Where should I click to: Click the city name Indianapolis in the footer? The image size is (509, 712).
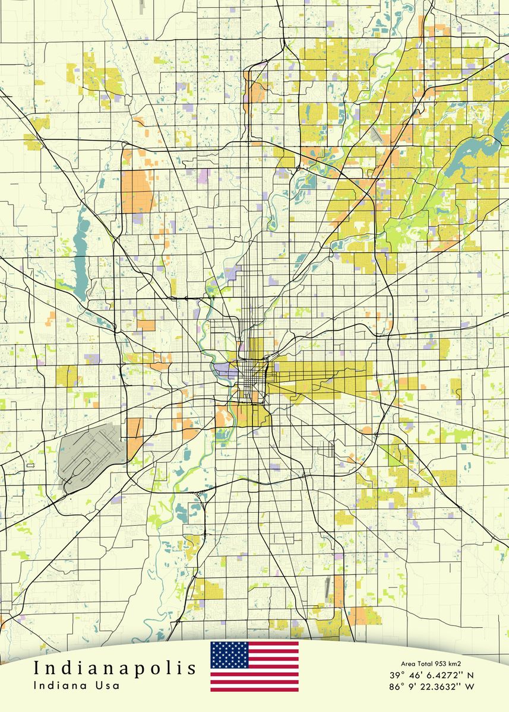click(115, 669)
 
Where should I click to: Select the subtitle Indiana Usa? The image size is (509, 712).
click(77, 685)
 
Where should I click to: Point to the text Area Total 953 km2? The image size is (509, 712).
click(431, 664)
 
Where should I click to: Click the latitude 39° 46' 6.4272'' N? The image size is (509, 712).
click(432, 675)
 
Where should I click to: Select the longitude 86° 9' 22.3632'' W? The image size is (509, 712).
click(432, 687)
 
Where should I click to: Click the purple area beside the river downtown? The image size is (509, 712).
click(225, 370)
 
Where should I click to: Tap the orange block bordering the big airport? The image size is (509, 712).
click(135, 436)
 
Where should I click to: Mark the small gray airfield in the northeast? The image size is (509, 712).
click(376, 135)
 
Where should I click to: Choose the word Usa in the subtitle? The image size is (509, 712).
click(108, 685)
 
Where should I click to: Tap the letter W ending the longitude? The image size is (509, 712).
click(470, 687)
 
